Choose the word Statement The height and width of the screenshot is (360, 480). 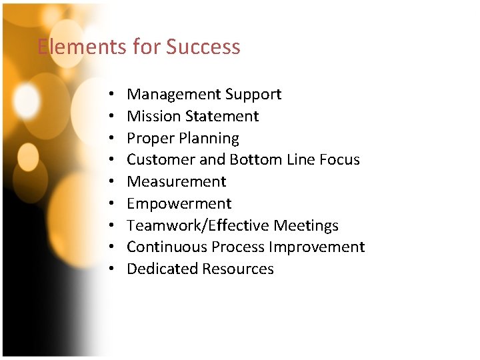click(x=222, y=116)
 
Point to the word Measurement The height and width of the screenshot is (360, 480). click(x=177, y=181)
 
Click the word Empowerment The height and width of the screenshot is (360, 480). click(x=179, y=203)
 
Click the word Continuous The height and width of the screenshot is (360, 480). click(x=167, y=247)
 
